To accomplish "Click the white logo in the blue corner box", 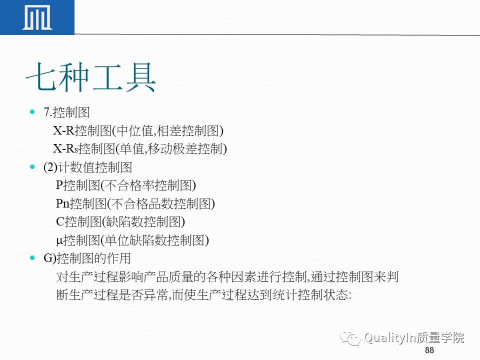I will point(37,17).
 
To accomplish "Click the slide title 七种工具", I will point(91,77).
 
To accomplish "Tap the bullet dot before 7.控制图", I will point(33,111).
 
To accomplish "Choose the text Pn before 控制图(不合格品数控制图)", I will point(62,203).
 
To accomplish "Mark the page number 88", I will point(429,350).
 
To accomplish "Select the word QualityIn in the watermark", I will point(392,338).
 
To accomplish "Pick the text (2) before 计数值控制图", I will point(51,167).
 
